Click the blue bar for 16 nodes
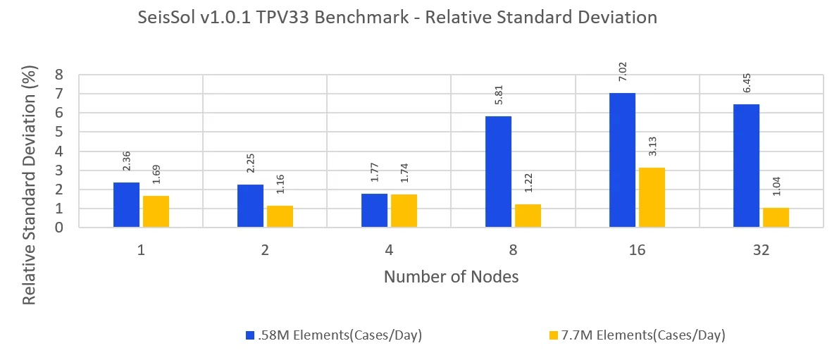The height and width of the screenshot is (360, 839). tap(622, 160)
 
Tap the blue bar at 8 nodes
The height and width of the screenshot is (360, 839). tap(499, 172)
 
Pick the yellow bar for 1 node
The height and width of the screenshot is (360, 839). tap(156, 211)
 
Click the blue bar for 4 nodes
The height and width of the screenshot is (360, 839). tap(374, 211)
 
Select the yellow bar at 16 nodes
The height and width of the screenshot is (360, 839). tap(652, 197)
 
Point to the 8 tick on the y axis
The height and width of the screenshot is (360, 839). tap(59, 75)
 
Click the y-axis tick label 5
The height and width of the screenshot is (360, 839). tap(59, 132)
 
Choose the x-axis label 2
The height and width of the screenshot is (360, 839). tap(265, 249)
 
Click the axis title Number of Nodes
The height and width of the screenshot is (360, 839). tap(451, 277)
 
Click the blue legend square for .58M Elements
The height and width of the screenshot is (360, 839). tap(249, 335)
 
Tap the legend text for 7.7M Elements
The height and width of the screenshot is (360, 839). tap(660, 335)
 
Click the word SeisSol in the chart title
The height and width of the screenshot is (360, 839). tap(169, 18)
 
